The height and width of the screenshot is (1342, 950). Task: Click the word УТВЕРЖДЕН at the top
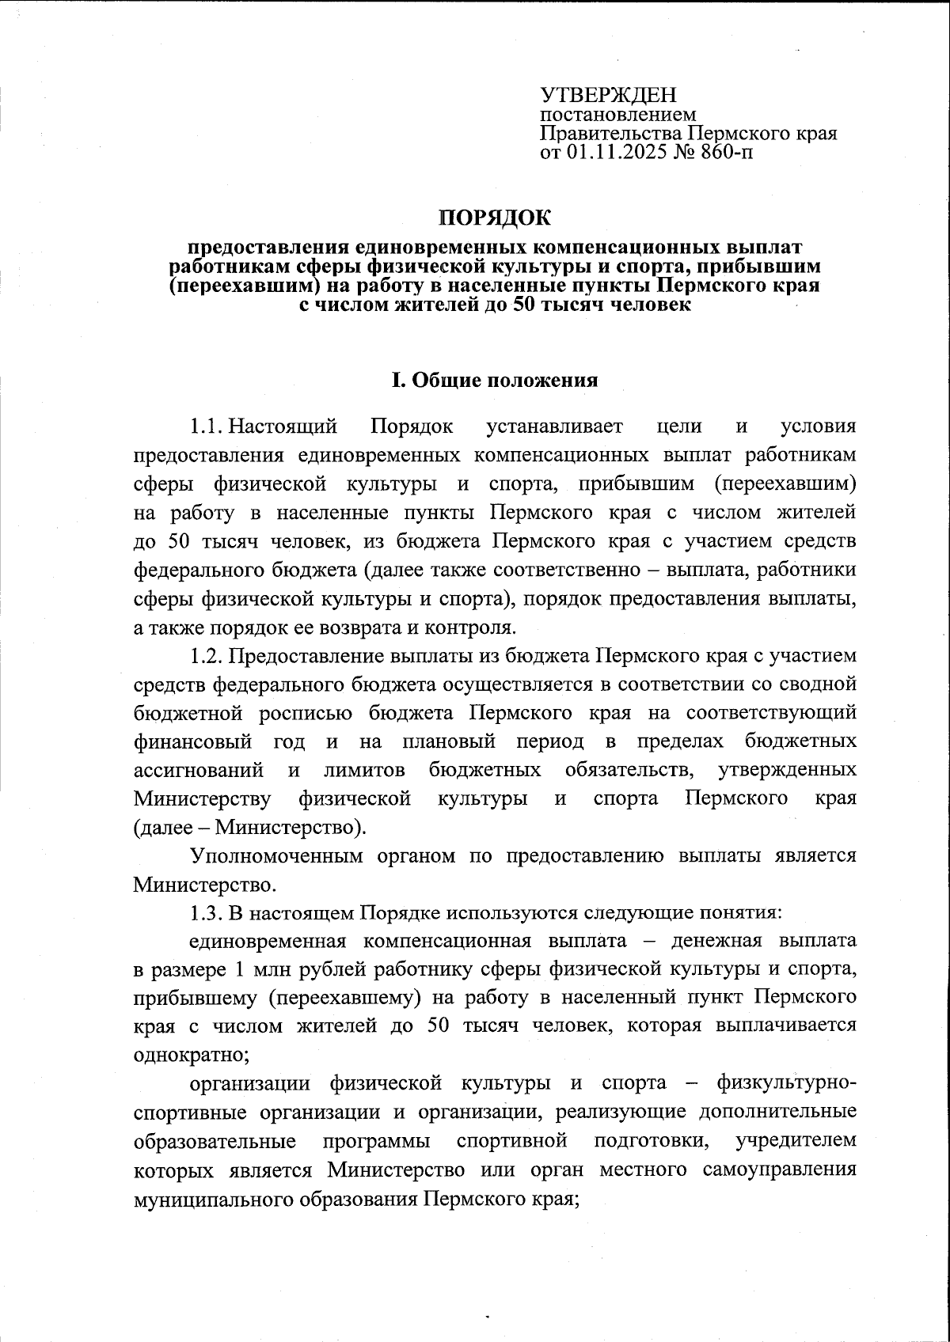pos(608,96)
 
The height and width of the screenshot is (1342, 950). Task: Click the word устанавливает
pos(555,426)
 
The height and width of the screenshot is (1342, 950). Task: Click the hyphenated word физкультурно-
pos(785,1083)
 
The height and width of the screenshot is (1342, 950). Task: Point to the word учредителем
pos(796,1140)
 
